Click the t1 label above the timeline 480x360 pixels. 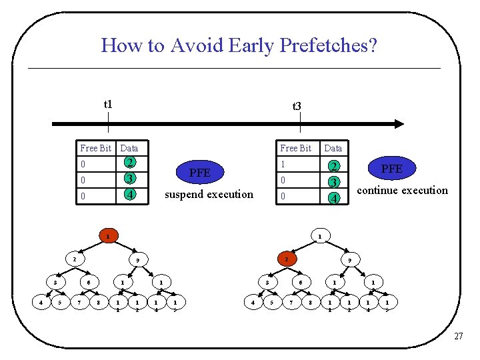click(x=108, y=104)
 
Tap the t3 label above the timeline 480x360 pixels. click(x=297, y=105)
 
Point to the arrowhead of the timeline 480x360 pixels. click(x=398, y=123)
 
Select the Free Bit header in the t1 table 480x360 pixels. click(x=95, y=148)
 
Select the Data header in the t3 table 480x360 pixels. click(x=333, y=148)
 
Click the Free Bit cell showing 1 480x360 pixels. click(x=283, y=164)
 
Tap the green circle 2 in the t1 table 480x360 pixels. click(x=131, y=163)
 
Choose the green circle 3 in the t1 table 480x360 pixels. click(x=131, y=179)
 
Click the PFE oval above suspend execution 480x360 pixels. click(x=199, y=173)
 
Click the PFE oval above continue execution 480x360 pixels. click(x=391, y=169)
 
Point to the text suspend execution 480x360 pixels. click(x=209, y=194)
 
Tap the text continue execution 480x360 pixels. click(x=403, y=190)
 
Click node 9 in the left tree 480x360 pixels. click(x=137, y=259)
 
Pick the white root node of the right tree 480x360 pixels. click(x=319, y=236)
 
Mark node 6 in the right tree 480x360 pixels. click(x=301, y=283)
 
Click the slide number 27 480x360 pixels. click(x=458, y=337)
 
